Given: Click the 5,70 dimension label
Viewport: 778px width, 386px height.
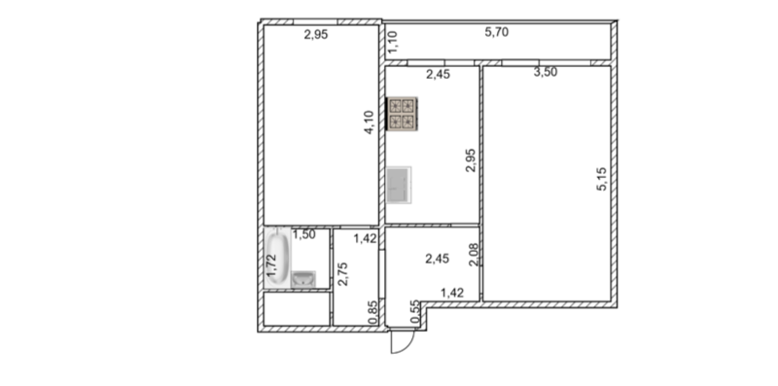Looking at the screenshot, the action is [497, 33].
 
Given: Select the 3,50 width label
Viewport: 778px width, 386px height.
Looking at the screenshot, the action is [546, 73].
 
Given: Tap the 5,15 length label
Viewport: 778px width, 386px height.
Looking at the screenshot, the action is [601, 179].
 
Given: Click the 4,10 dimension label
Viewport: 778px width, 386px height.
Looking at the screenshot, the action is [370, 123].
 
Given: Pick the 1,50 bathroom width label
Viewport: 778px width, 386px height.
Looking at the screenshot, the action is [303, 235].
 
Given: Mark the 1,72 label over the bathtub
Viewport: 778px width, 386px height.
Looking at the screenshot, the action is [272, 266].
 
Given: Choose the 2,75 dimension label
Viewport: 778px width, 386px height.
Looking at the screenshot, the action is [342, 274].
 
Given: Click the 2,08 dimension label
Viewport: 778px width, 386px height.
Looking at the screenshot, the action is [474, 255].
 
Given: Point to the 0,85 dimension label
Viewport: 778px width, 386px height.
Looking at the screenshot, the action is [373, 313].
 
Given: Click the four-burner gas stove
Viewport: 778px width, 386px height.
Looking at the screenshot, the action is [402, 114].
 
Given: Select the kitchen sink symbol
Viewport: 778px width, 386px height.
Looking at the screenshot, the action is [399, 185].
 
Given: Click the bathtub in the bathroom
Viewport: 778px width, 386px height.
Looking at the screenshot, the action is [277, 258].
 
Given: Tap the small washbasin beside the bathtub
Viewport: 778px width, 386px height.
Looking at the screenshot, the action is [303, 279].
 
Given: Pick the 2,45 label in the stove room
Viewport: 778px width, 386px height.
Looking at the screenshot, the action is [439, 76].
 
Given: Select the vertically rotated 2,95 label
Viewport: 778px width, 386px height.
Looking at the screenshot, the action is [471, 160].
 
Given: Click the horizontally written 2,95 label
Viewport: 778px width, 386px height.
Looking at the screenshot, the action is [316, 35].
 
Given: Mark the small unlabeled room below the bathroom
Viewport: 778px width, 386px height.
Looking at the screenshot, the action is [297, 309].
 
